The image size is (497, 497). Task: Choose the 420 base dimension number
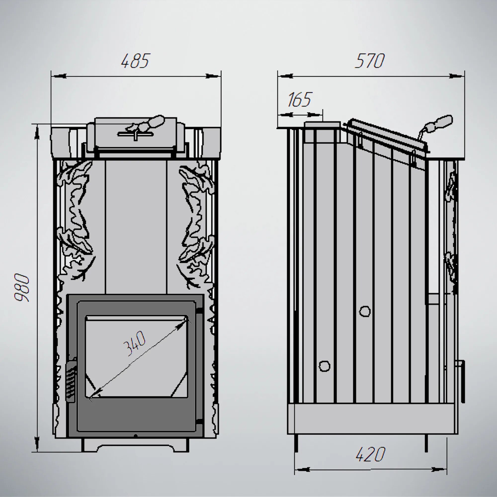point(371,454)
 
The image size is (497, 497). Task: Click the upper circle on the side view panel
point(365,311)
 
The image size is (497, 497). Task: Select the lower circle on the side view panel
point(324,366)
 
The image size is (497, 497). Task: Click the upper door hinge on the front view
point(199,311)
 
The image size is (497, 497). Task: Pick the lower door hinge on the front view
point(199,421)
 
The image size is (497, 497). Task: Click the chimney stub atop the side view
point(322,132)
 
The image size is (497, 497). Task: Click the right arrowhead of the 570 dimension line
point(456,76)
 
